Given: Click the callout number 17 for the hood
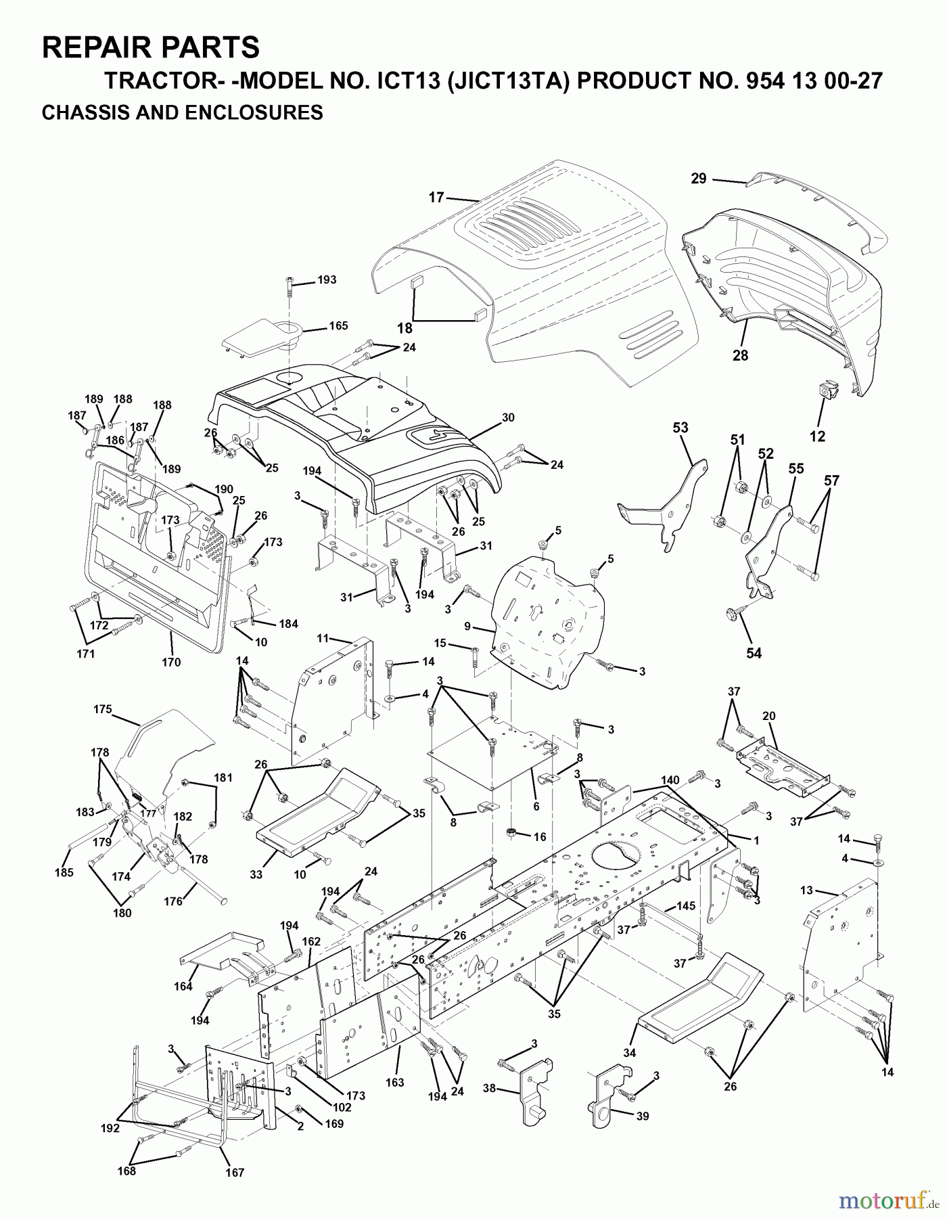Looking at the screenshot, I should [436, 197].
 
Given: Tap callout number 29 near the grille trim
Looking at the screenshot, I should [699, 179].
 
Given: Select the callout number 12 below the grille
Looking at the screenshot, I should [817, 436].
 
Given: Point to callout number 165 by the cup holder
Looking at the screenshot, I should [338, 325].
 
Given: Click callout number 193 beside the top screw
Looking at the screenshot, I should [327, 279].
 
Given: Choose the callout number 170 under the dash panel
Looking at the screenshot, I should [171, 662].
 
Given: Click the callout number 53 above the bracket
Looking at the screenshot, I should [680, 428].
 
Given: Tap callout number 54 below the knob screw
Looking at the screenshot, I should [754, 653].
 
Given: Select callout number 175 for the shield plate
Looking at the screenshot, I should [103, 709].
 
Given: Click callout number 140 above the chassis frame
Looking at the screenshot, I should [670, 780].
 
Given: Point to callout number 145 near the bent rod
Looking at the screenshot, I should [686, 906].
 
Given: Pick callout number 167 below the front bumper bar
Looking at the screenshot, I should [234, 1173].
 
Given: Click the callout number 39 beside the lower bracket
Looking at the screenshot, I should [642, 1116].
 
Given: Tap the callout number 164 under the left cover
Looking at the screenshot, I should [183, 986].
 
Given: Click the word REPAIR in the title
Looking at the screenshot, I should [91, 47].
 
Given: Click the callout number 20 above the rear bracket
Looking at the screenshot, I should [768, 716].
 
